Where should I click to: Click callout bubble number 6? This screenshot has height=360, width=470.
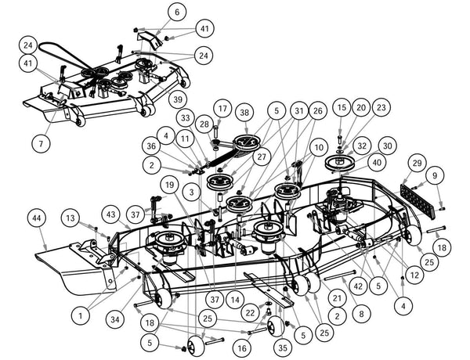click(x=177, y=13)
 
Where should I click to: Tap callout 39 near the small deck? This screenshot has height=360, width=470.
click(x=178, y=99)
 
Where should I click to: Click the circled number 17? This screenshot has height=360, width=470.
click(x=222, y=108)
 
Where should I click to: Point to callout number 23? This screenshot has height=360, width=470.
click(x=381, y=106)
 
